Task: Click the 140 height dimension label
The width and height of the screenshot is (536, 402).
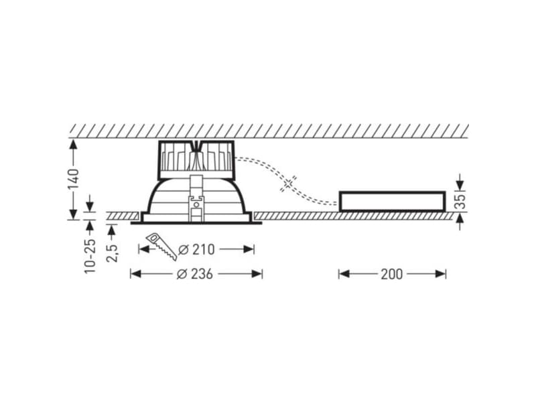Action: pos(74,179)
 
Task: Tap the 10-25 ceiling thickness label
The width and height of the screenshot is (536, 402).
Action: pos(90,256)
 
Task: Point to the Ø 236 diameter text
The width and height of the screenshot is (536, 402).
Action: pos(195,274)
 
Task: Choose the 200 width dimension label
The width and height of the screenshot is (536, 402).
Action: pos(392,274)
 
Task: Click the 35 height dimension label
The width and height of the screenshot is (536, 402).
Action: pos(461,202)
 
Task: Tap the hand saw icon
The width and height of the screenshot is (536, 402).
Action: pos(161,246)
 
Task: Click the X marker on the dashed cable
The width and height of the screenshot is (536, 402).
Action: pos(288,184)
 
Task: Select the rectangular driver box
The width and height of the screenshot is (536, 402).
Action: pos(392,202)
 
